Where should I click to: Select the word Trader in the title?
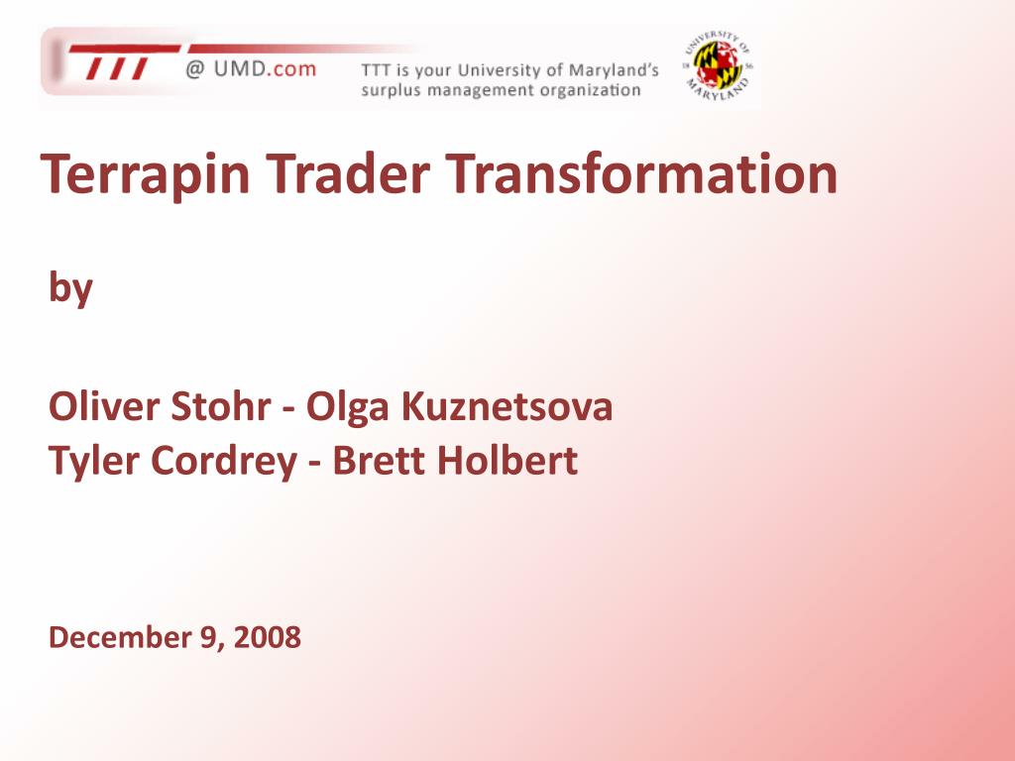(x=348, y=173)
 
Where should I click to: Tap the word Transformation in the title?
(x=641, y=173)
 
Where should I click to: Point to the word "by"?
(x=71, y=287)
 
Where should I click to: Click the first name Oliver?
(x=104, y=406)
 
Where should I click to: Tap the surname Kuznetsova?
(x=507, y=406)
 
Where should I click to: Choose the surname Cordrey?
(x=224, y=462)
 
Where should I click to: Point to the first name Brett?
(x=379, y=461)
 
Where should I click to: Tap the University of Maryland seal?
(x=718, y=66)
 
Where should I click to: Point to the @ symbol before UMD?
(x=195, y=68)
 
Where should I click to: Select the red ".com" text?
(x=291, y=68)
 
